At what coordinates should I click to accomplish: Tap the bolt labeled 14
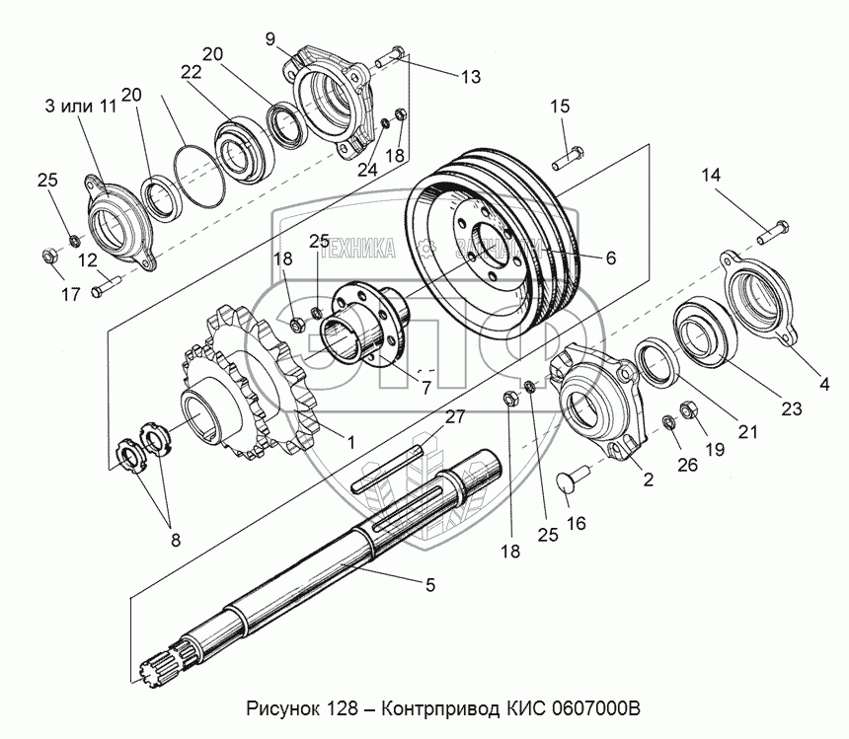tap(770, 234)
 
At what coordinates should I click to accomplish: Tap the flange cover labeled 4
tap(760, 296)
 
